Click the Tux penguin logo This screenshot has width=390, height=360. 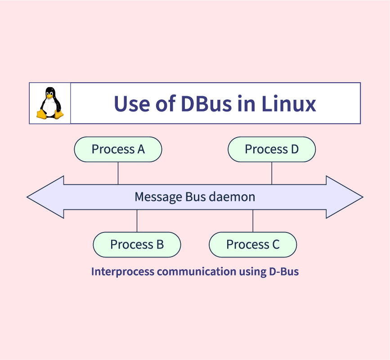(50, 103)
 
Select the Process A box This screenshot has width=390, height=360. (118, 149)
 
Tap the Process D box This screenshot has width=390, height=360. (272, 149)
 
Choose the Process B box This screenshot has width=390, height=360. (137, 244)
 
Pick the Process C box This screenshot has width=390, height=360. (253, 244)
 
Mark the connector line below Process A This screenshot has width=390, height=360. (118, 173)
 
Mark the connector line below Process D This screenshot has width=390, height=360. (272, 173)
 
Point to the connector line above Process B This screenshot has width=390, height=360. (137, 221)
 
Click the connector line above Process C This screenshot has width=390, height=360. (253, 221)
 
